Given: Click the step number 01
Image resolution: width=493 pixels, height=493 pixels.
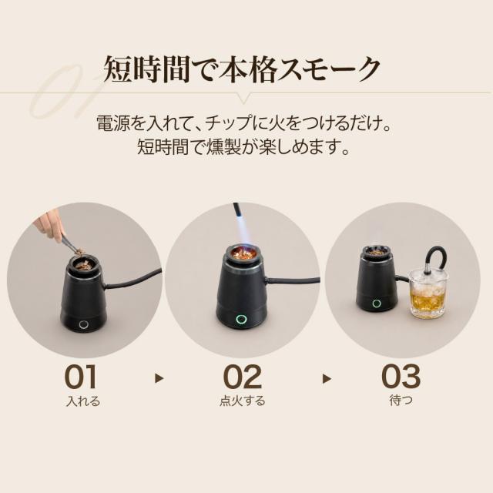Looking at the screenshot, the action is pos(81,377).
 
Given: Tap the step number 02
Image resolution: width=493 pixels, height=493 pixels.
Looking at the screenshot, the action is pos(242,377).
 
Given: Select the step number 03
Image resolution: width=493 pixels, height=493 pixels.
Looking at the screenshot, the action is pos(401,377).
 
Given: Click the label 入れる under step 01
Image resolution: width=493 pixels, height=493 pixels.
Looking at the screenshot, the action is pos(83,401).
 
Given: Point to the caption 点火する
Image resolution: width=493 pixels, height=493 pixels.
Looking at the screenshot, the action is pos(242,401).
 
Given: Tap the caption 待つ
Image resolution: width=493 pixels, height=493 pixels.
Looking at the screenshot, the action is pos(401,401).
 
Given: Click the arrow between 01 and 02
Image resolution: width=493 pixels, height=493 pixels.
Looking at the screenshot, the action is pos(159,378).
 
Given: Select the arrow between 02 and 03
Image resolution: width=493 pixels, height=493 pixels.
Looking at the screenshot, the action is pos(327,378).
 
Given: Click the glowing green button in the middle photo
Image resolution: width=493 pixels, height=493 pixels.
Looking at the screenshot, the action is pos(241,319).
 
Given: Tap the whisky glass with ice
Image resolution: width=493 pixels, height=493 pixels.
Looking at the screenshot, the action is pos(428,293).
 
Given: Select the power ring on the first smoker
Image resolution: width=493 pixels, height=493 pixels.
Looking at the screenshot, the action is pos(84,324).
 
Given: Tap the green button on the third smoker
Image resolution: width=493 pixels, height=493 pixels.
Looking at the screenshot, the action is pos(377,304).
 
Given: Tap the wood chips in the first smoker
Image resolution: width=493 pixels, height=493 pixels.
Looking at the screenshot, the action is pos(83,264).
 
